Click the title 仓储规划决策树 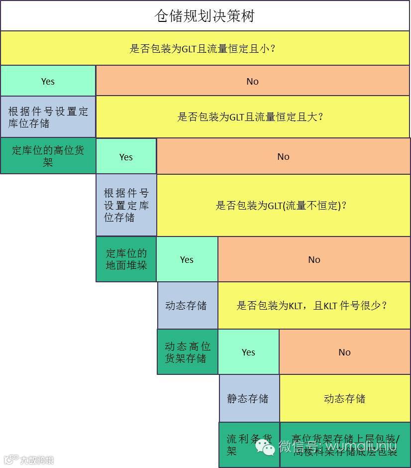[x=205, y=16]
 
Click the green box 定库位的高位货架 [x=48, y=156]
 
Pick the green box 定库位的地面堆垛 [x=126, y=259]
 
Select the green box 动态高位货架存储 [x=188, y=352]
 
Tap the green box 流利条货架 [x=249, y=445]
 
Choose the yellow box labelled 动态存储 [x=344, y=398]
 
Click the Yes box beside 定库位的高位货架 [x=126, y=157]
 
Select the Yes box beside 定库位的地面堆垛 [x=187, y=259]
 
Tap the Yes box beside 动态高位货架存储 [x=248, y=352]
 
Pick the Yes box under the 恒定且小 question [x=48, y=81]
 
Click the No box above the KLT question [x=314, y=259]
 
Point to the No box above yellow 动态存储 [x=344, y=352]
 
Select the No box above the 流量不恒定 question [x=283, y=157]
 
